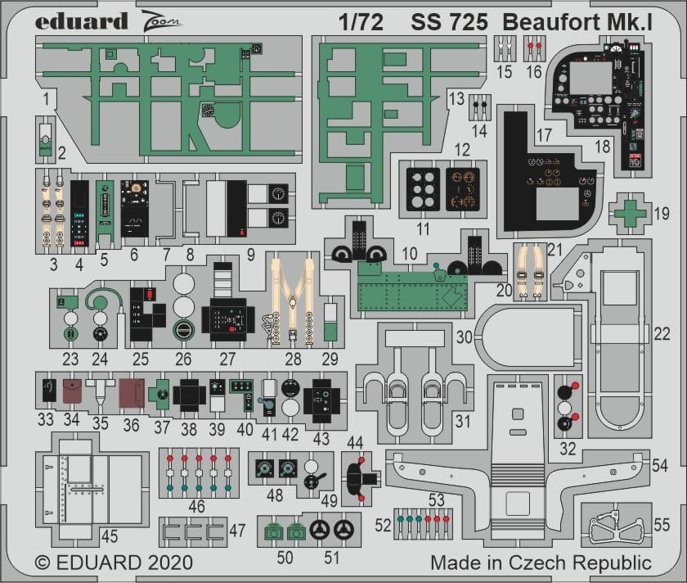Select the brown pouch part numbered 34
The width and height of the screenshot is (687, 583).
pos(72,391)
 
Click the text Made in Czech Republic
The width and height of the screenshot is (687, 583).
pos(541,563)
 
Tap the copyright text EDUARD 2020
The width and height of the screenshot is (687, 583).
pos(114,563)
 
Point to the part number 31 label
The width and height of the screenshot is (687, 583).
pos(464,422)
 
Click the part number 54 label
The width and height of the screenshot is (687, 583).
pos(661,464)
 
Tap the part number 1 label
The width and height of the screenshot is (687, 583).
pos(46,100)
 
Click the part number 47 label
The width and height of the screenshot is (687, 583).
pos(237,530)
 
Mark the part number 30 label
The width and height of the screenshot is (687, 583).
pos(465,337)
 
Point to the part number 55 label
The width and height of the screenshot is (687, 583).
pos(662,525)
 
